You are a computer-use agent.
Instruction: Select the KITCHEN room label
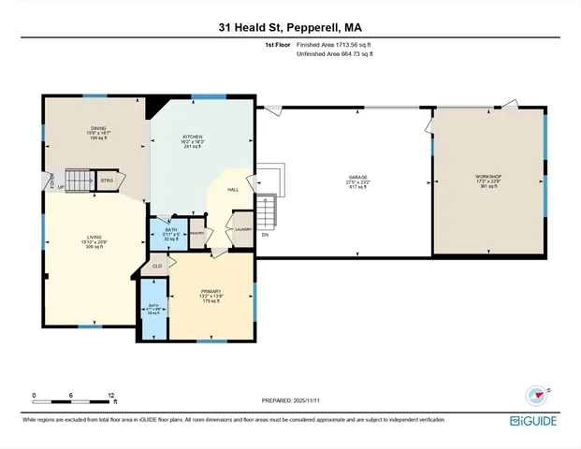point(192,137)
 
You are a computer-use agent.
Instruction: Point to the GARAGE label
point(358,177)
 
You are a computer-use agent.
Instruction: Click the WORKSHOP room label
point(488,177)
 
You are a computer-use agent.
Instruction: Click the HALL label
point(233,189)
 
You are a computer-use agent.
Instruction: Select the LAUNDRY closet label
point(242,229)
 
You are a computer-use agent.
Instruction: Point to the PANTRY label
point(197,233)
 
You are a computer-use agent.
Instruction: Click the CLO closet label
point(158,267)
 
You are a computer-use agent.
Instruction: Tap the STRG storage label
point(107,180)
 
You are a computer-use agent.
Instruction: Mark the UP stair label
point(62,186)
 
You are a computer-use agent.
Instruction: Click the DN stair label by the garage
point(265,235)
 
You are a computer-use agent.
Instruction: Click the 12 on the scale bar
point(111,394)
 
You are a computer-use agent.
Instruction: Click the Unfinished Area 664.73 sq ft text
point(335,54)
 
